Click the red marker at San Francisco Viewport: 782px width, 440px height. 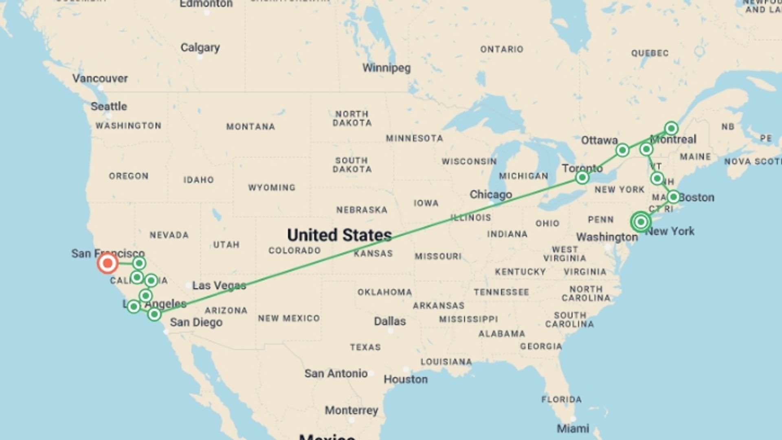tap(108, 263)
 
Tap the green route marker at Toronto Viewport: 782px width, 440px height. tap(582, 177)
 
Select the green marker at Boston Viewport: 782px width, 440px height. tap(673, 197)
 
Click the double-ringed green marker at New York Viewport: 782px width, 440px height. tap(641, 222)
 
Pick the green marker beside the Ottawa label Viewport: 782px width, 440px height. tap(622, 150)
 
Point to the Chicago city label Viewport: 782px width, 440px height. tap(490, 195)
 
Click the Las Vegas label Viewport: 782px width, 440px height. tap(219, 286)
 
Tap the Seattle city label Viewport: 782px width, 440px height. tap(109, 106)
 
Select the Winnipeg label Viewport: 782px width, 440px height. tap(387, 68)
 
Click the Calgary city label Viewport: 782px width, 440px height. tap(200, 48)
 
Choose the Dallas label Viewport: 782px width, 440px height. tap(390, 321)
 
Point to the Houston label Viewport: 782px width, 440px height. tap(406, 379)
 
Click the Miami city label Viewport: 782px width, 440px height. tap(573, 428)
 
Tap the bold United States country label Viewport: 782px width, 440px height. tap(339, 235)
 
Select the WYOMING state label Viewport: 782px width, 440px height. tap(272, 188)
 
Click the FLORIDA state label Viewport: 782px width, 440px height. tap(561, 400)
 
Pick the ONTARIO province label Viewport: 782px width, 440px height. tap(501, 49)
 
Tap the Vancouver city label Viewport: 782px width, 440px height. tap(100, 79)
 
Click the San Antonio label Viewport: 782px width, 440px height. tap(336, 374)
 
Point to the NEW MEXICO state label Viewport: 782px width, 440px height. tap(289, 318)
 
